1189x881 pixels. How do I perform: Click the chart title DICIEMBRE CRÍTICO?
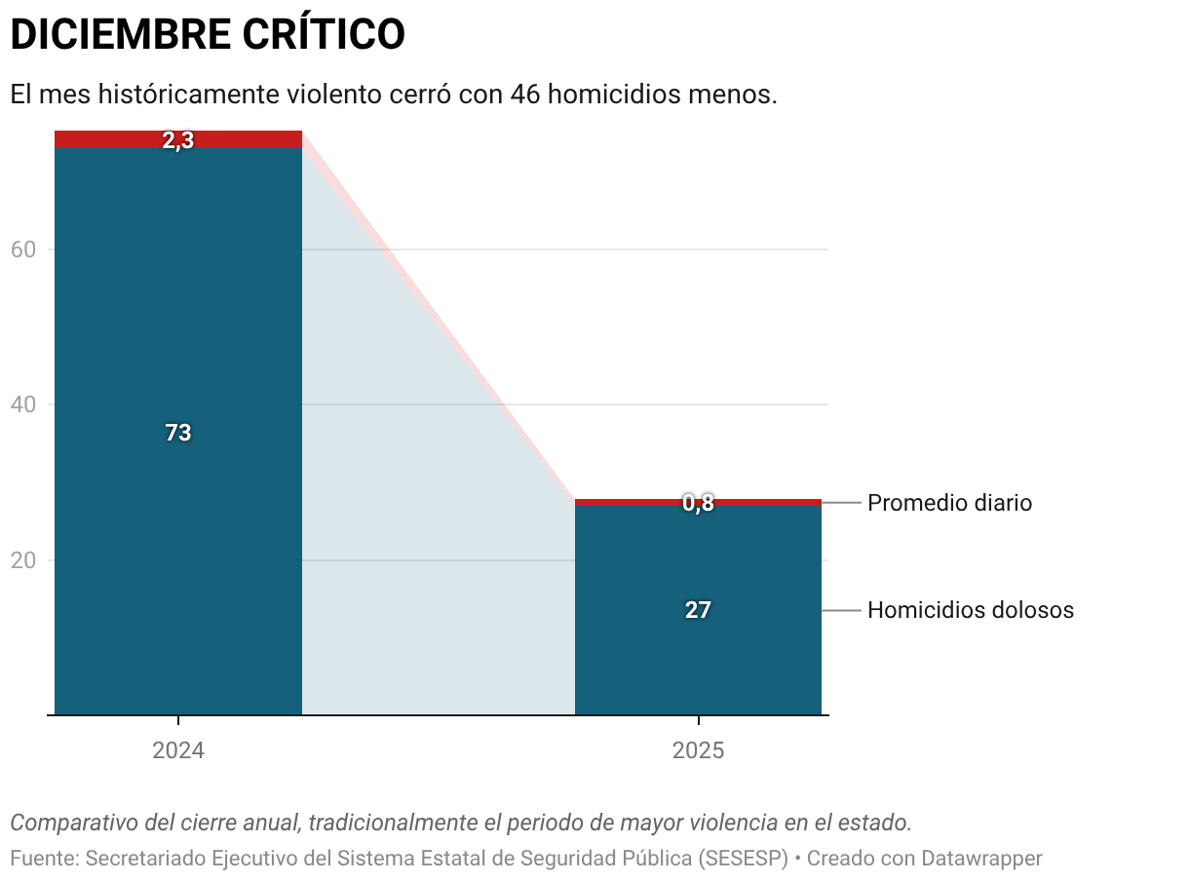[207, 35]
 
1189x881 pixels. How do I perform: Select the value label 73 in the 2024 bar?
[178, 433]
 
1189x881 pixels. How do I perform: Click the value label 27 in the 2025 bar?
[698, 610]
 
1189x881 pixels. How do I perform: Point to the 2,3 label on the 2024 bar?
[178, 140]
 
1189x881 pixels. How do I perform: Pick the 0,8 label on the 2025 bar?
[698, 503]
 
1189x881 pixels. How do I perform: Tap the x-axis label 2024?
[178, 751]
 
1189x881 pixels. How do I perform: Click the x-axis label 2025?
[698, 751]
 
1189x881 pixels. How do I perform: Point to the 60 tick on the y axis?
[23, 249]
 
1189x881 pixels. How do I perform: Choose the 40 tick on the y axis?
[23, 404]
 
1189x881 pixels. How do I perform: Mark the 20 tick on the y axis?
[23, 560]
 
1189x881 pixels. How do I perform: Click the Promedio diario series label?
[949, 503]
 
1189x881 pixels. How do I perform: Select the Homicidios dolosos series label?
[971, 610]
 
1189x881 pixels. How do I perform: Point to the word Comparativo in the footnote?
[74, 823]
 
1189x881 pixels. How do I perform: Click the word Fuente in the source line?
[41, 859]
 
